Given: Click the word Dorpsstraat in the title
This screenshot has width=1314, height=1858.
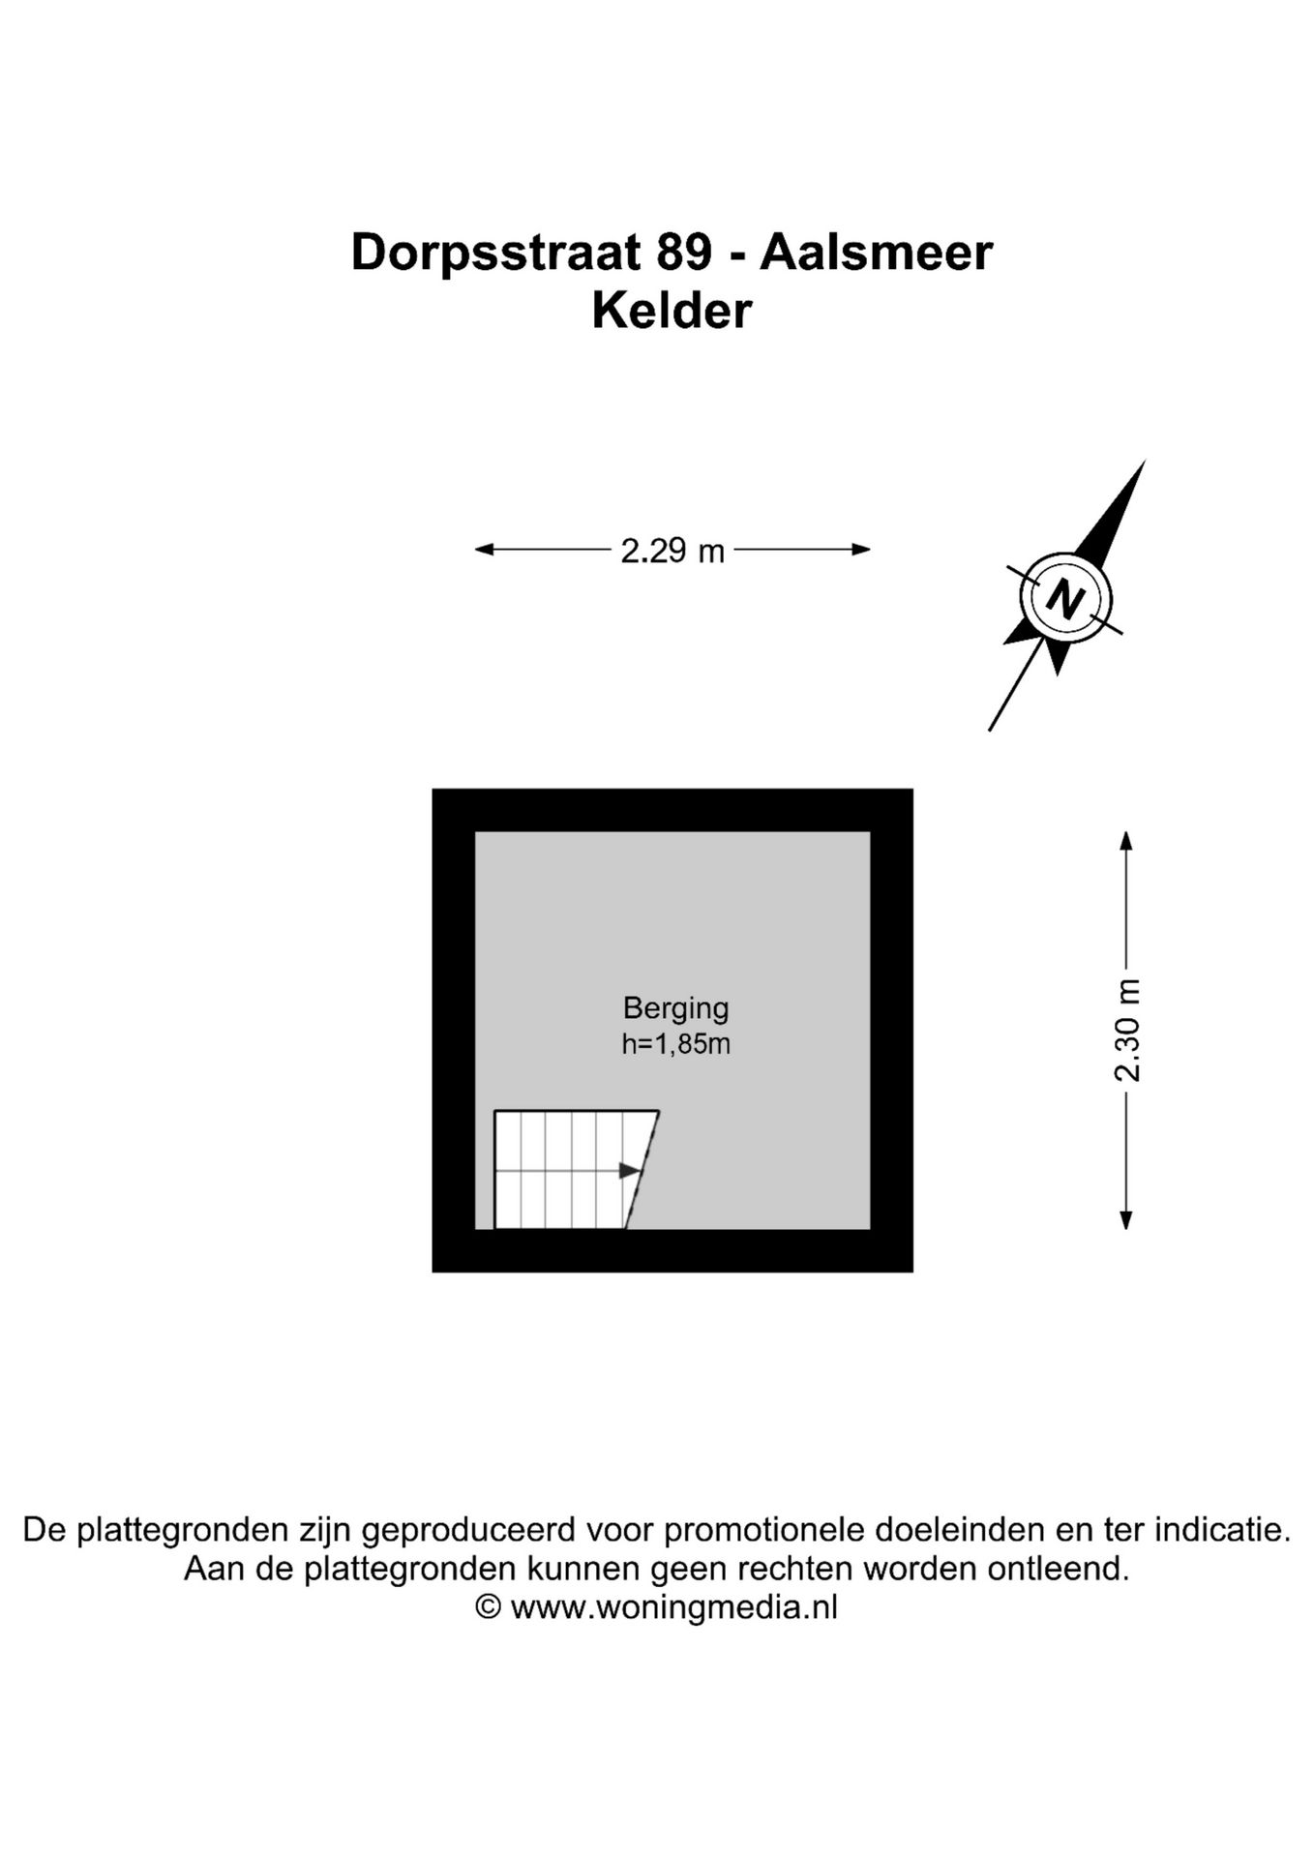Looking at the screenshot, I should [x=495, y=254].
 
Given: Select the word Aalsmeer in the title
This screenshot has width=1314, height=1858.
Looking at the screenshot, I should [x=876, y=254].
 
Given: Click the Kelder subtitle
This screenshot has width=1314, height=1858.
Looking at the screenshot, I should [x=672, y=312].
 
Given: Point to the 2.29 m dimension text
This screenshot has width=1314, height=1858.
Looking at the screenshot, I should [x=672, y=551].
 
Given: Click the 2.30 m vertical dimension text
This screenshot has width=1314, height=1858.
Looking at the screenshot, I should [x=1127, y=1031].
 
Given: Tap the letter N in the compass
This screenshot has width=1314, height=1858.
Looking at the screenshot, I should [x=1065, y=598].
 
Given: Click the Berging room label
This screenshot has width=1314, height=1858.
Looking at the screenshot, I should [x=675, y=1007].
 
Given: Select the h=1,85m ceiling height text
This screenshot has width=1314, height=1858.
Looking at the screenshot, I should [x=675, y=1044].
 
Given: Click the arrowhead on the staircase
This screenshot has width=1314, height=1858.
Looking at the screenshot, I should [x=629, y=1171].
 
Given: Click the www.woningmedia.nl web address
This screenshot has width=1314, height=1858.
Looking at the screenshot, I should [x=673, y=1607].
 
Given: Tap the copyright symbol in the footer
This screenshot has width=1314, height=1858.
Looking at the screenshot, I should [x=489, y=1607].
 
